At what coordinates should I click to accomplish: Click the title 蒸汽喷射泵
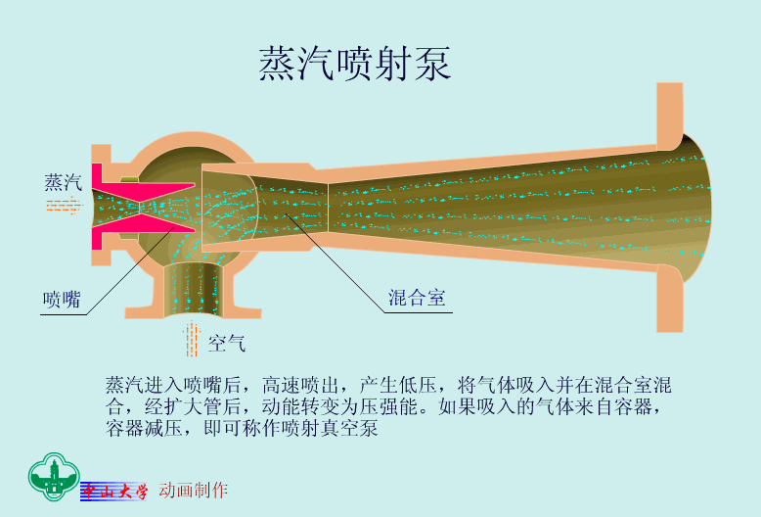point(355,64)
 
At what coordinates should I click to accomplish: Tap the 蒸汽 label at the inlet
point(64,182)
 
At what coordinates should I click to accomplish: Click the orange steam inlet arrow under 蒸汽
point(65,205)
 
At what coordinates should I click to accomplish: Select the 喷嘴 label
point(62,300)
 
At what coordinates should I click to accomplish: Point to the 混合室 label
point(417,298)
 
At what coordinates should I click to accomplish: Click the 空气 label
point(227,344)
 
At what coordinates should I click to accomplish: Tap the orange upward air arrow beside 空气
point(192,339)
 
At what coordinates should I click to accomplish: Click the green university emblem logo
point(54,477)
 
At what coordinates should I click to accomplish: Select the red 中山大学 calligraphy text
point(114,492)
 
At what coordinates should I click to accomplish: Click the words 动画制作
point(193,491)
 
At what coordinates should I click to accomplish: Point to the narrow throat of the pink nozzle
point(139,208)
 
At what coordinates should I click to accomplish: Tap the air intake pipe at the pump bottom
point(193,290)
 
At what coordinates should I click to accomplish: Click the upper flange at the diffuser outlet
point(670,116)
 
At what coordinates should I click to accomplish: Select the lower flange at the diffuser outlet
point(670,299)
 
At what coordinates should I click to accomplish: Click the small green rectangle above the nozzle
point(129,179)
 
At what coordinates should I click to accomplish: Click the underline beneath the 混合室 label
point(418,312)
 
